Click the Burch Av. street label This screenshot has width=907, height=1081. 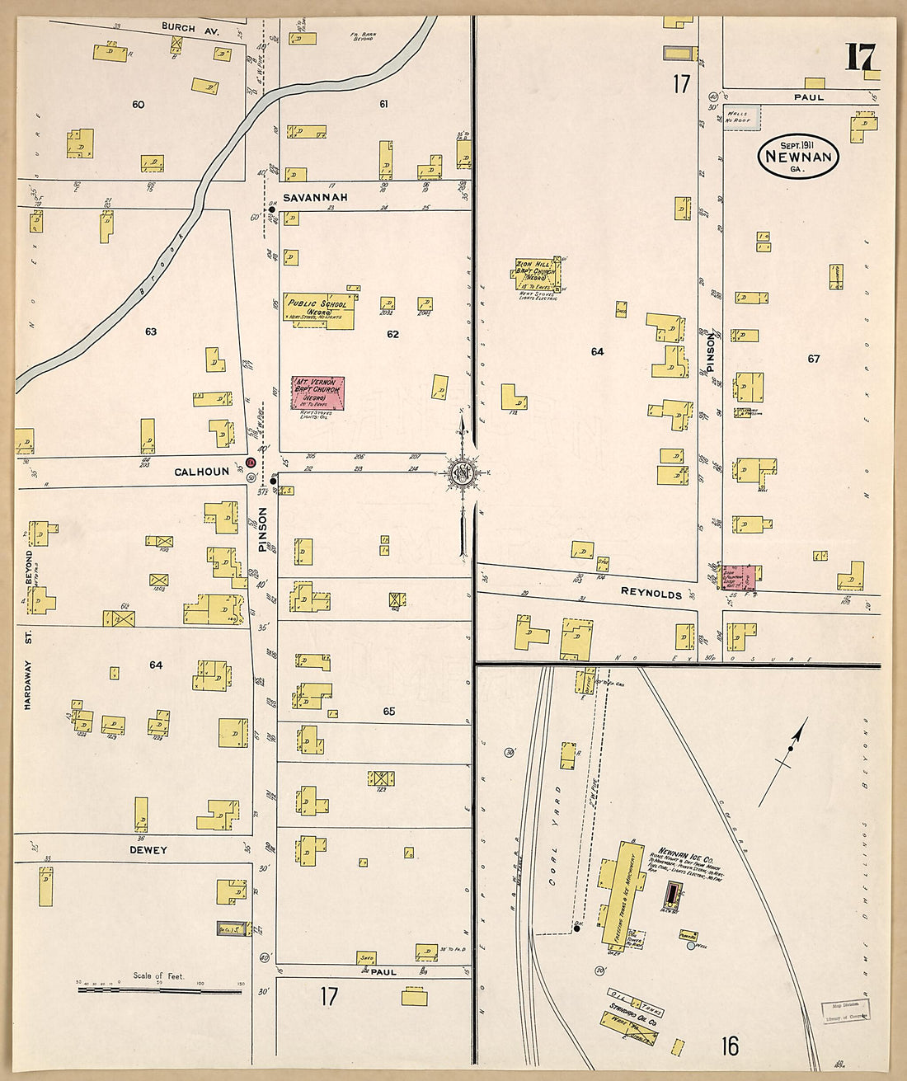179,27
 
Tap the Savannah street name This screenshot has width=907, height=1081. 315,198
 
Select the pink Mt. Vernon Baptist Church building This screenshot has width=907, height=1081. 317,393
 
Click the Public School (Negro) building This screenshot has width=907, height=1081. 319,310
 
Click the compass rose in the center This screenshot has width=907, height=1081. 463,472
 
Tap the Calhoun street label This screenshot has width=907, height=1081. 201,472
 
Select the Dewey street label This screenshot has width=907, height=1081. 148,850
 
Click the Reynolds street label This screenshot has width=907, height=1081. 651,594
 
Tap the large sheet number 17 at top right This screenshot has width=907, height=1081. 860,59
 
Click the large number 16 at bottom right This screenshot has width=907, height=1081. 729,1046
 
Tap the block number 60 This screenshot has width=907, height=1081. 138,105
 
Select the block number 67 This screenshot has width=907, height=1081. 814,359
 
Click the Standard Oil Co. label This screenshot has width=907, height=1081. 632,1008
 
